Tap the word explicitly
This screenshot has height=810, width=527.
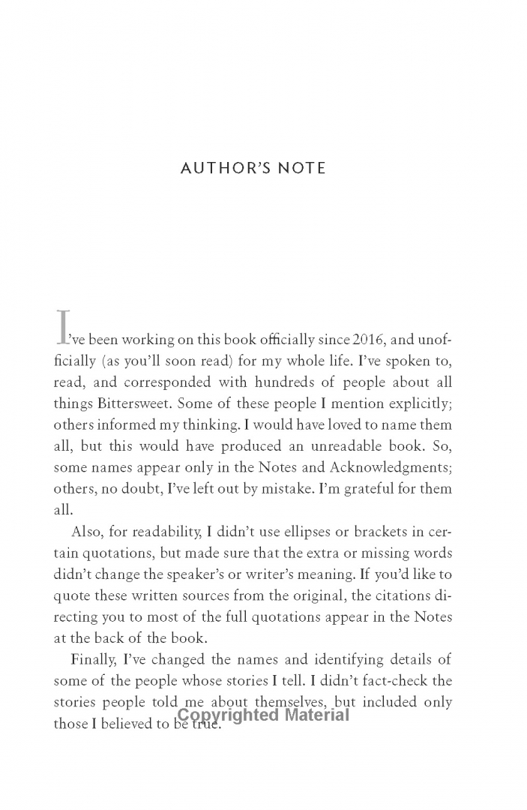pyautogui.click(x=415, y=403)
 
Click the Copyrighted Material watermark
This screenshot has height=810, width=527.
pyautogui.click(x=263, y=715)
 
